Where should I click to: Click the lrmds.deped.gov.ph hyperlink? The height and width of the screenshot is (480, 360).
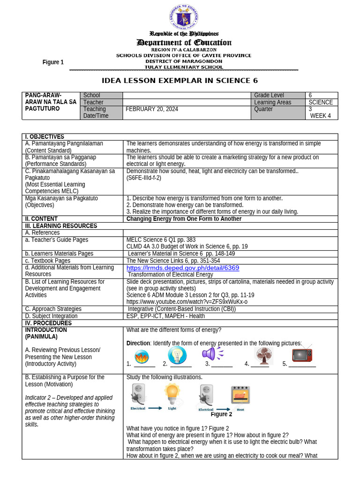(183, 268)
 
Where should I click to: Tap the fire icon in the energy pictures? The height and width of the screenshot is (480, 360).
(141, 355)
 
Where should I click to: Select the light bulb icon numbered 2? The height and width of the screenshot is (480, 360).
(177, 355)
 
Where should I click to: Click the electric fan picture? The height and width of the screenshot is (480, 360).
(263, 355)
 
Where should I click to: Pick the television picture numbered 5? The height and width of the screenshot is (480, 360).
(302, 354)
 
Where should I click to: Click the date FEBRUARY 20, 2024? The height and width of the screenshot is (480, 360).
(152, 109)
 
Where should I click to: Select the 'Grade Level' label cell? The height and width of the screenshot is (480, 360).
(269, 95)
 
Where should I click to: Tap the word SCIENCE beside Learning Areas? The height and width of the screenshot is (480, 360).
(321, 102)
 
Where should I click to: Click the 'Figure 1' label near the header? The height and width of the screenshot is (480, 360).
(53, 62)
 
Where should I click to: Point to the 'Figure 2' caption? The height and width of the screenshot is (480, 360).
(221, 414)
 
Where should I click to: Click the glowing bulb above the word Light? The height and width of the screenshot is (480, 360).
(172, 392)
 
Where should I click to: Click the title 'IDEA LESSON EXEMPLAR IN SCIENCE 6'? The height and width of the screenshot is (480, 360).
(180, 81)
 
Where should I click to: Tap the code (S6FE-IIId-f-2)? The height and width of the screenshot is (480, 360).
(144, 178)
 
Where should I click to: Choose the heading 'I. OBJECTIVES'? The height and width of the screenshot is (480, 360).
(45, 137)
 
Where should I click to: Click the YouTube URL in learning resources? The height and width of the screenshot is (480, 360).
(187, 302)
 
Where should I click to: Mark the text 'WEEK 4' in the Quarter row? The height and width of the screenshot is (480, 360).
(321, 116)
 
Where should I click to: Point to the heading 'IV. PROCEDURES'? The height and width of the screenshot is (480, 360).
(48, 323)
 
